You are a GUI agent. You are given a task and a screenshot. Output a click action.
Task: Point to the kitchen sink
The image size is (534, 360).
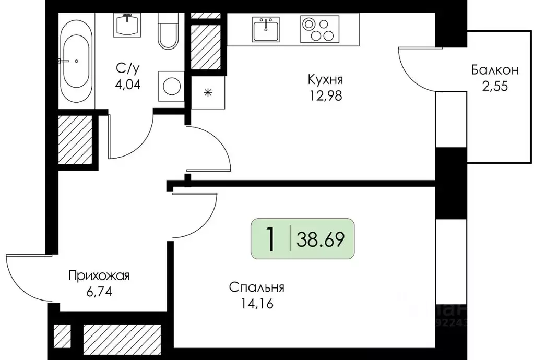coord(266,29)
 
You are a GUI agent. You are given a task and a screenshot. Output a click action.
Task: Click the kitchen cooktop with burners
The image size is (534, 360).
coord(319,29)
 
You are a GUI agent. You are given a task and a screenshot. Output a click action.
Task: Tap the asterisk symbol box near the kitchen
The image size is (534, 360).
coord(208,93)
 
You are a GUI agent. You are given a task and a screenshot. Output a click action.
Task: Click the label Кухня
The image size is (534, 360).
coord(325,80)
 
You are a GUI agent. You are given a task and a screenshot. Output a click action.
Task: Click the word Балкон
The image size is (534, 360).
coord(494,69)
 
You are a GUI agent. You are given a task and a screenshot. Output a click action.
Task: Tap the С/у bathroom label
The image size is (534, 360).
coord(128,68)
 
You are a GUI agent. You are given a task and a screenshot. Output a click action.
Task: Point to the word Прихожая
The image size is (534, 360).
coord(99,275)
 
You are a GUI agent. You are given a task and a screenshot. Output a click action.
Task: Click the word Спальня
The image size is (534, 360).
coord(256,287)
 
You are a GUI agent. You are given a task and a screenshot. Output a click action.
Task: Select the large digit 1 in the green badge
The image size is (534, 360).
coord(270,239)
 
